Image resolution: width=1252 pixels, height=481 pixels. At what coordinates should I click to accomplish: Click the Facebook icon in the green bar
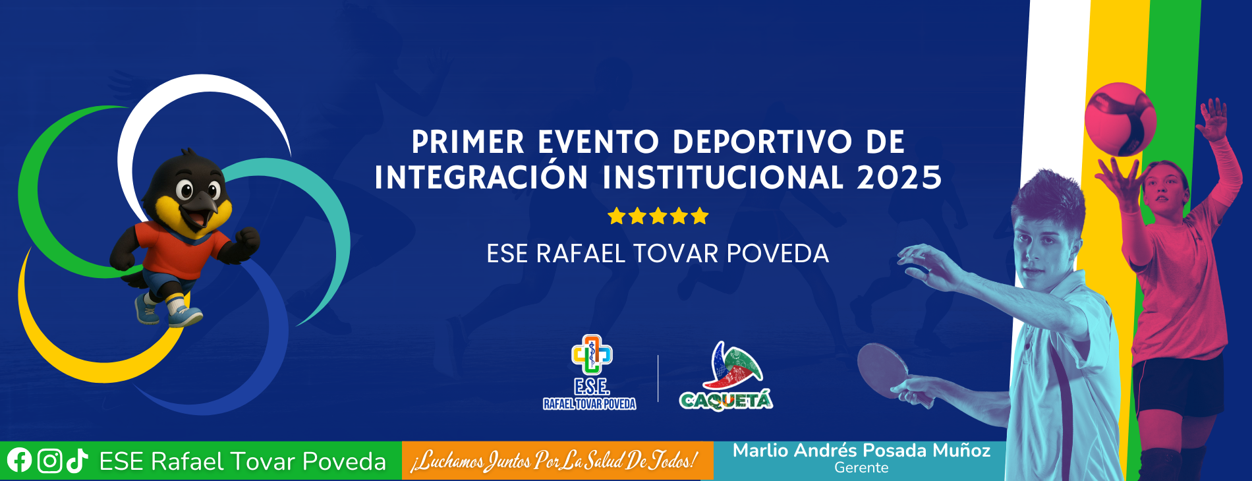coord(19,460)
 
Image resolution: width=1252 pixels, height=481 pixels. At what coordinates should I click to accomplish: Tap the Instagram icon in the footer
coord(49,461)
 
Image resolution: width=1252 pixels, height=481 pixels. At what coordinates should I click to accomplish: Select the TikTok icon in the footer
coord(77,461)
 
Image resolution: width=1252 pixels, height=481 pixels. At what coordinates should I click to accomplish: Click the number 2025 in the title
coord(899,177)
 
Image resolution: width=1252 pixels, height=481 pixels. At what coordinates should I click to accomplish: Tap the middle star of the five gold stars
coord(658,216)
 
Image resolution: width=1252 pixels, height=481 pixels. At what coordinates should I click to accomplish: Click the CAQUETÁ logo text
coord(726,400)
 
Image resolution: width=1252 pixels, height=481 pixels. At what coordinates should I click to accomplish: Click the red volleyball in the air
coord(1120,119)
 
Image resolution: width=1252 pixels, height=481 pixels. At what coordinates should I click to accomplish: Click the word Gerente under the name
coord(861,468)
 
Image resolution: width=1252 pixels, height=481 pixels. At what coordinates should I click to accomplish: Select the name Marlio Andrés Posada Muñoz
coord(861,451)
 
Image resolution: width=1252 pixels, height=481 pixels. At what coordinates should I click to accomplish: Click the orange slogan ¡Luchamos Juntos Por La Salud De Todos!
coord(554,461)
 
